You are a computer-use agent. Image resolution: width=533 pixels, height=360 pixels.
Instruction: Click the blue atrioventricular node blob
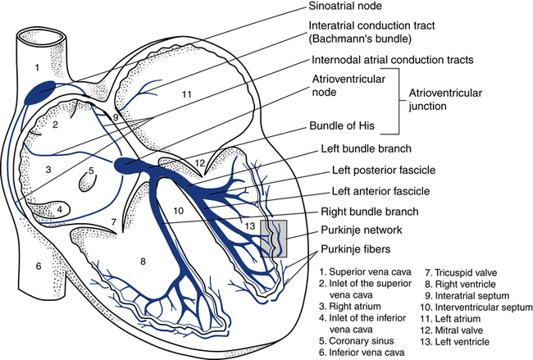128,164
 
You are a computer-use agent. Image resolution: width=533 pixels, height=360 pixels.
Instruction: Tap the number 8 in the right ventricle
143,262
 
